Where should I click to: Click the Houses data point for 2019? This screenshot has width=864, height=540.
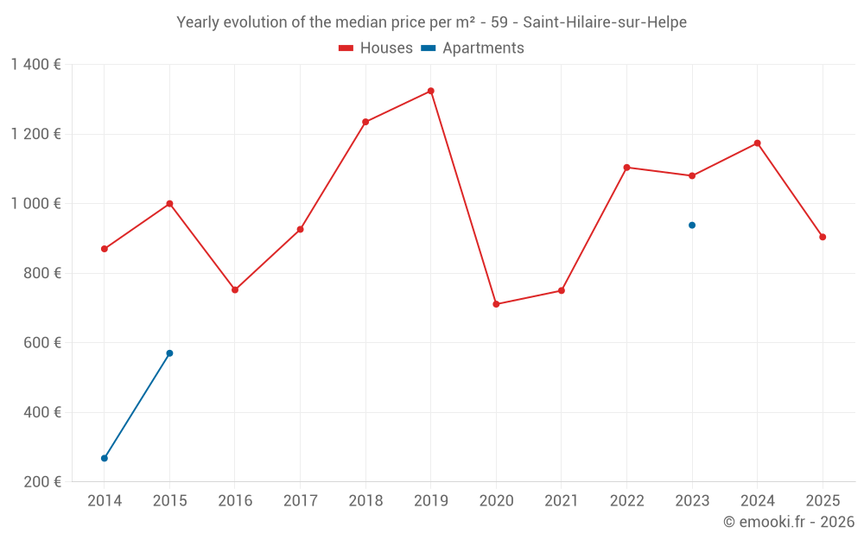coord(430,91)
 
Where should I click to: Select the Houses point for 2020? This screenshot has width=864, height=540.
coord(496,304)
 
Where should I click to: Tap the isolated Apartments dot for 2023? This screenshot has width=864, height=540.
coord(692,226)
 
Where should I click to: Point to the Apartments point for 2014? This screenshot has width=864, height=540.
coord(105,458)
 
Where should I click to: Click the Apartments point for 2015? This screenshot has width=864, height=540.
coord(169,353)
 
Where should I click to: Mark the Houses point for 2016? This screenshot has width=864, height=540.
coord(235,290)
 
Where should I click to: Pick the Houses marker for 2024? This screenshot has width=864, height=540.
coord(757,143)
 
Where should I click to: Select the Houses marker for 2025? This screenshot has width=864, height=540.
coord(823,237)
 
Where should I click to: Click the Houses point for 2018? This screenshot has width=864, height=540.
coord(365,122)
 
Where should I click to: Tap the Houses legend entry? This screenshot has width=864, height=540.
coord(376,48)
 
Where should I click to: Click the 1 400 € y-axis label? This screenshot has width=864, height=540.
coord(35,65)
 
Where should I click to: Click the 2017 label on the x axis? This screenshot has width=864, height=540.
coord(300,501)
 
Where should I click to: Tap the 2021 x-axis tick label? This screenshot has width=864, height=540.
coord(562,501)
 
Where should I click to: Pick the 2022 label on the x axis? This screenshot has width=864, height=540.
coord(626,501)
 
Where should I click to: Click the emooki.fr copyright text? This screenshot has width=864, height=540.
coord(788,522)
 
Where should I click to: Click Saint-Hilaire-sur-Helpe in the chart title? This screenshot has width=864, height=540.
coord(605,22)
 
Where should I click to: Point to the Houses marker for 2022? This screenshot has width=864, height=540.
coord(626,168)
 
